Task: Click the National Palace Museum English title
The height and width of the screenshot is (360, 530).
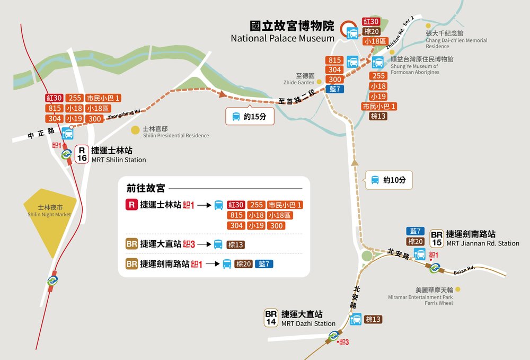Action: (282, 38)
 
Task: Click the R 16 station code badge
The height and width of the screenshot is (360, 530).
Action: (82, 154)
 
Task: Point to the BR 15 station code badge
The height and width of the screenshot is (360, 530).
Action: (437, 239)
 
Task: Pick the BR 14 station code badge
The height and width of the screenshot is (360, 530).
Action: (271, 318)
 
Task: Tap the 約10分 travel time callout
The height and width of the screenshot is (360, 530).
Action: (389, 180)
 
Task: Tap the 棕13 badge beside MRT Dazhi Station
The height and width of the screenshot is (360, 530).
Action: (373, 320)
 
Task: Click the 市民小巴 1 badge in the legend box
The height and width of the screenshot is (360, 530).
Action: (285, 205)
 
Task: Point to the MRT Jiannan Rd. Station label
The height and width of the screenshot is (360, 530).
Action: (482, 243)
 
